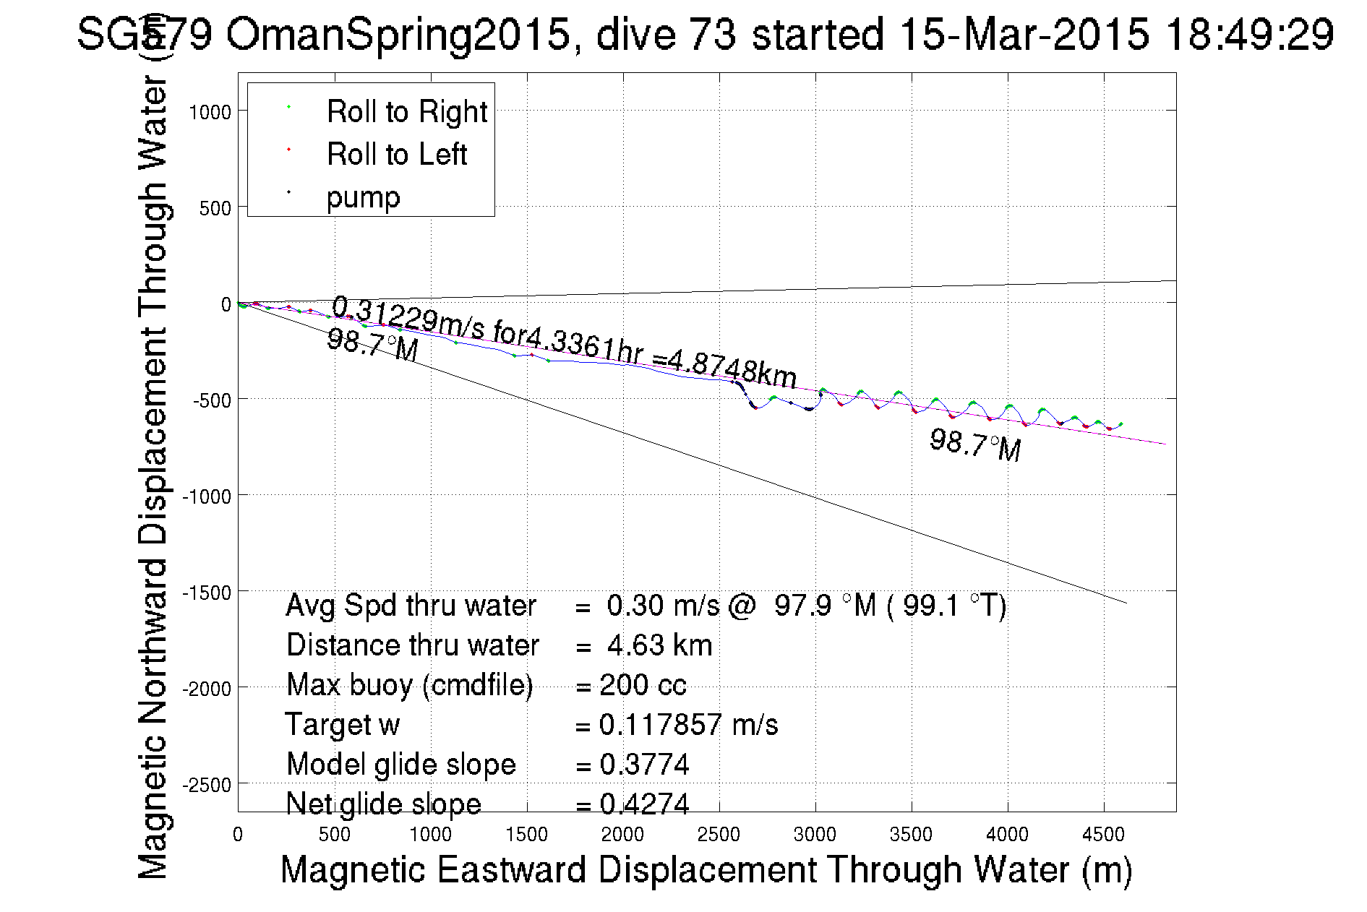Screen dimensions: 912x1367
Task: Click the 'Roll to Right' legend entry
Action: point(406,112)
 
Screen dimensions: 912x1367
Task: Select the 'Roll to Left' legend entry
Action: point(396,155)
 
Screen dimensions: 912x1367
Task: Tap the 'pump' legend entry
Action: point(363,197)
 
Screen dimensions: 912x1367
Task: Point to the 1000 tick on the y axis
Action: point(210,113)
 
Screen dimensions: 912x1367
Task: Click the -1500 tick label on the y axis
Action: point(207,593)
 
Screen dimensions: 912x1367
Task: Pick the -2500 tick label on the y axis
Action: point(207,785)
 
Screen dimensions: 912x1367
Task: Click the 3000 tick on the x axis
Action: point(815,835)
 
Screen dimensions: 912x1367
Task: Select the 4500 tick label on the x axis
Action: point(1103,835)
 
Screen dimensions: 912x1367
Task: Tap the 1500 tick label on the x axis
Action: point(526,835)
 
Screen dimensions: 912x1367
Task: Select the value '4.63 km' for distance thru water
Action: point(659,645)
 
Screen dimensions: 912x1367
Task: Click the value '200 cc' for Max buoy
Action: point(643,685)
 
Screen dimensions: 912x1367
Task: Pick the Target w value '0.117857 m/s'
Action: point(688,725)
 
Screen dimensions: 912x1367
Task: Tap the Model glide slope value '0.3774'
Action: point(644,765)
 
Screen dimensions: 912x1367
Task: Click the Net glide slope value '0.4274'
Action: point(644,804)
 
